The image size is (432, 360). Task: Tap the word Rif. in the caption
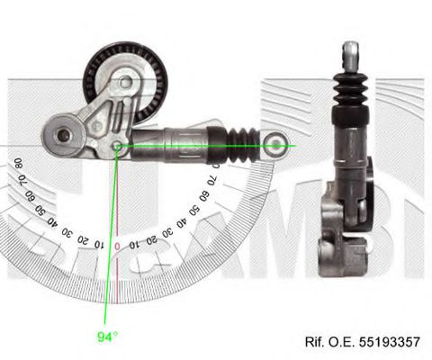tap(315, 343)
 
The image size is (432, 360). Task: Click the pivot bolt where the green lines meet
tap(118, 144)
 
